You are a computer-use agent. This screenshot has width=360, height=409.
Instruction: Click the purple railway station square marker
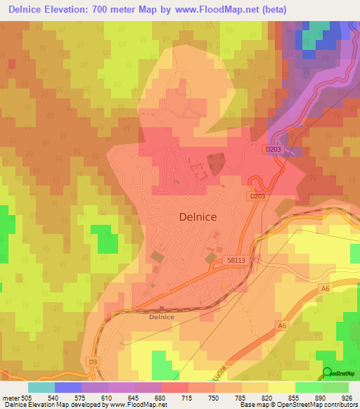click(162, 308)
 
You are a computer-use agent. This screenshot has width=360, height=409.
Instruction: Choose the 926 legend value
click(342, 397)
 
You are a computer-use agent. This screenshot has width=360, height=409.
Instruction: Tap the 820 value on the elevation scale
click(268, 397)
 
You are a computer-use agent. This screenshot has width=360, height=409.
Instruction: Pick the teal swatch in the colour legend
click(41, 387)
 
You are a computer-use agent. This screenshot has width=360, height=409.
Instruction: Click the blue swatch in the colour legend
click(68, 387)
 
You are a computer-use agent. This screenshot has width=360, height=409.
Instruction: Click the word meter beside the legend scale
click(11, 397)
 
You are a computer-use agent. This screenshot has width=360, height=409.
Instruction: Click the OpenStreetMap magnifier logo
click(327, 372)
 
